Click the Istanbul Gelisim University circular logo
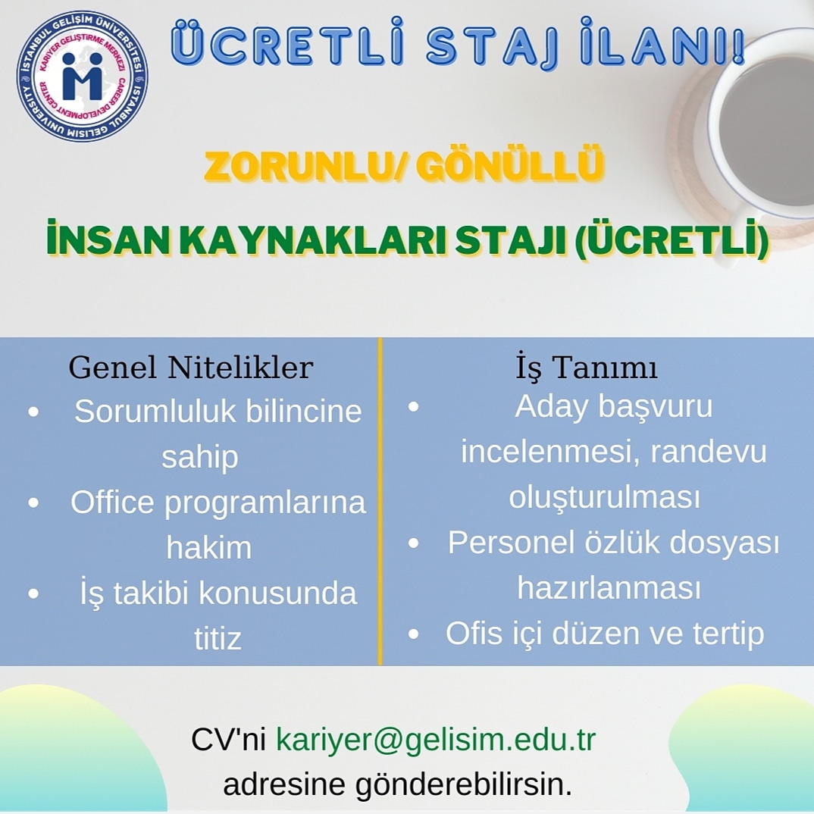coord(82,77)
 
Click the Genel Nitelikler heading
coord(190,368)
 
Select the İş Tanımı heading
coord(586,368)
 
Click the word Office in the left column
coord(111,502)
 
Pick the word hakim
coord(208,548)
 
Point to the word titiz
coord(218,639)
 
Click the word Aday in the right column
coord(551,407)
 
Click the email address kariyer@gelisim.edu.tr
coord(436,739)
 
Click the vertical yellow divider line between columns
coord(380,500)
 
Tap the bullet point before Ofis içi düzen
coord(414,634)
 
